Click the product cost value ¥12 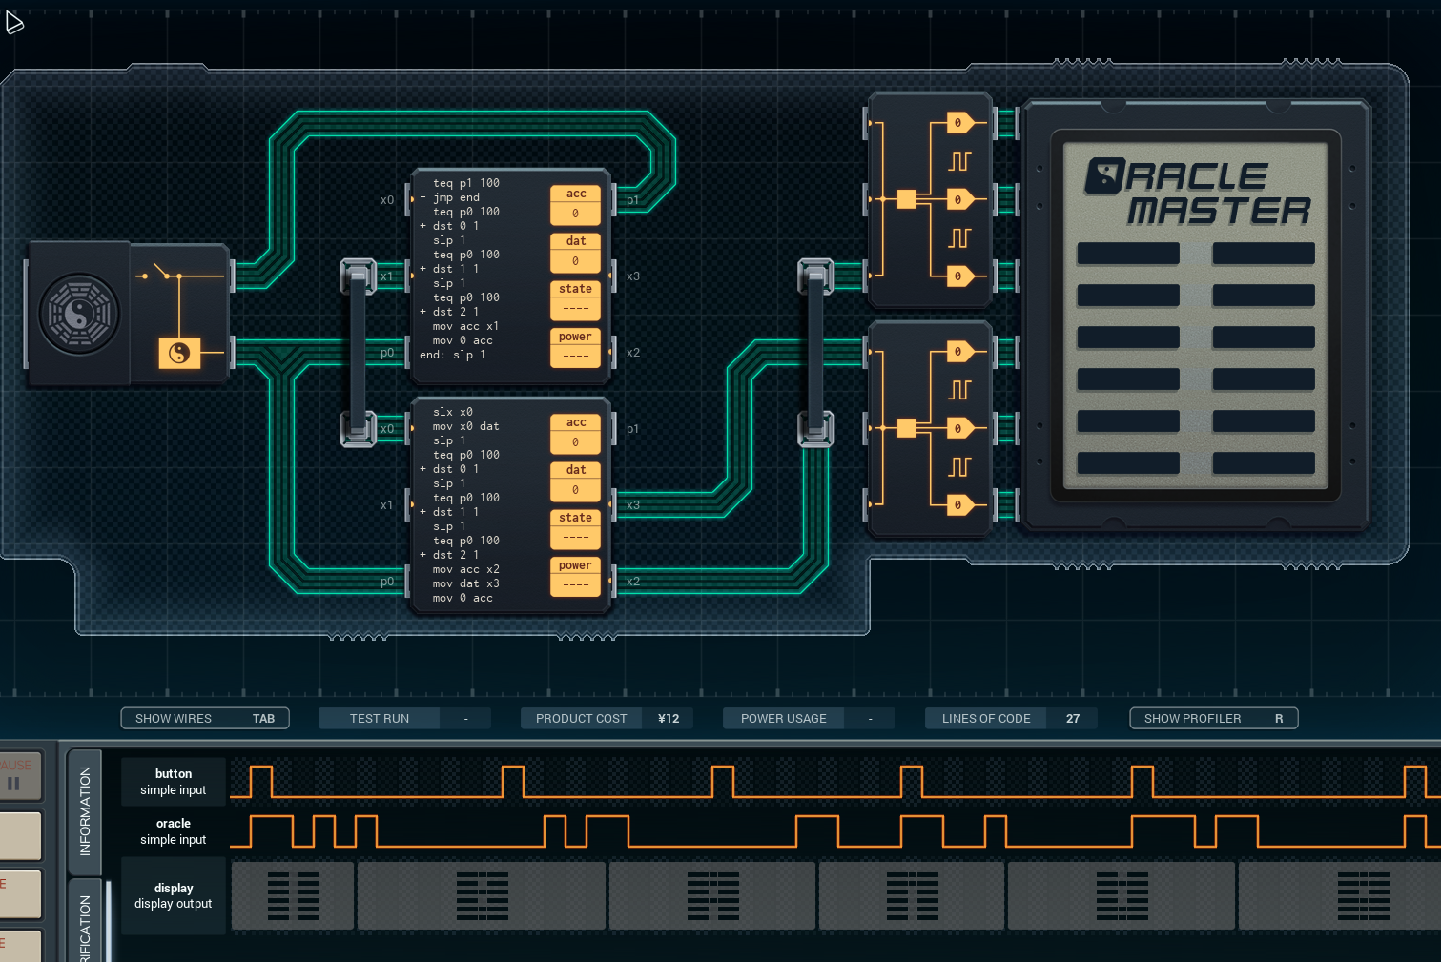coord(669,718)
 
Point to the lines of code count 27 coord(1073,718)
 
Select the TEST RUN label coord(379,718)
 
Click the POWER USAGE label coord(783,718)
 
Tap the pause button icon coord(14,783)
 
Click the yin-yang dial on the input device coord(79,314)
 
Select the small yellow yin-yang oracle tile coord(179,354)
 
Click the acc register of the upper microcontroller coord(575,204)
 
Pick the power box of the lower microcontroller coord(575,576)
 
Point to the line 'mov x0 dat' coord(465,426)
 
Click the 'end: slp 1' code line coord(453,355)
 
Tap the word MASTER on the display coord(1218,211)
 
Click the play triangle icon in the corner coord(14,22)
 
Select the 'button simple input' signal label coord(173,782)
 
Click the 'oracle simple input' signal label coord(173,831)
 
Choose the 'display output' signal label coord(173,896)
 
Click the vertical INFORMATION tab coord(85,811)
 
